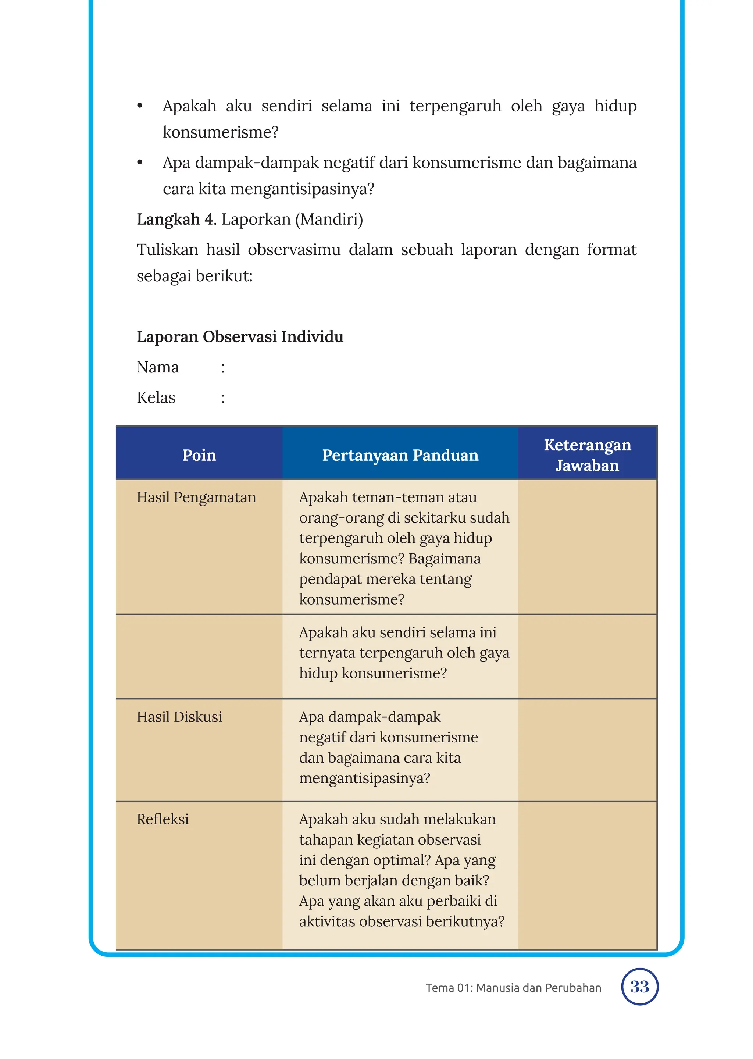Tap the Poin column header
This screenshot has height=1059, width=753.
tap(199, 455)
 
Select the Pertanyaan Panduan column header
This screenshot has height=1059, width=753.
tap(400, 455)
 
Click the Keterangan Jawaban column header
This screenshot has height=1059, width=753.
tap(587, 455)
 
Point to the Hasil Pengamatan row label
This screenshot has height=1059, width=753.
tap(196, 497)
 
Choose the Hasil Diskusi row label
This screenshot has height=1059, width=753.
tap(179, 717)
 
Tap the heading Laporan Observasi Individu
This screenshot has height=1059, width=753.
tap(240, 336)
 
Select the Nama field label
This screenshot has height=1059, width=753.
tap(158, 367)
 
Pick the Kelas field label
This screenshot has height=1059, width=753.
tap(156, 398)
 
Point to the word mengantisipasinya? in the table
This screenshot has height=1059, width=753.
tap(364, 778)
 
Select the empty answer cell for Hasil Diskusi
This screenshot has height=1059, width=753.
tap(587, 750)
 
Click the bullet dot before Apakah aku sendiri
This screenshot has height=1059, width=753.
tap(140, 106)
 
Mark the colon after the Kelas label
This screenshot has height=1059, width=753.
tap(223, 398)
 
